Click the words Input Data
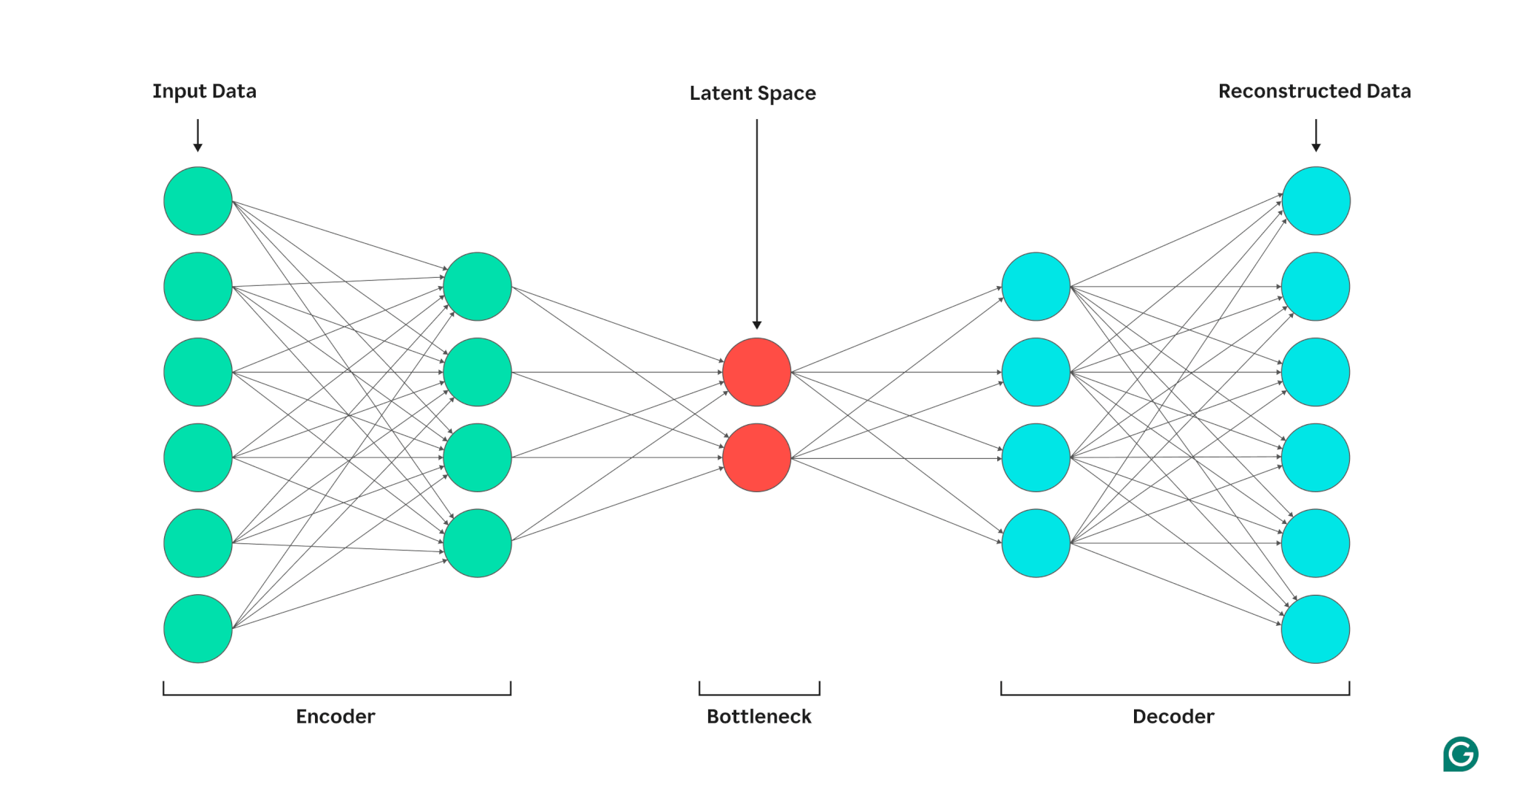tap(204, 91)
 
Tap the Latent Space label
tap(753, 93)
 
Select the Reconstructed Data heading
tap(1314, 91)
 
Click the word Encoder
tap(336, 716)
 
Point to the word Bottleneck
tap(759, 716)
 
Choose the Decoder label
tap(1173, 716)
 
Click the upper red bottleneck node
tap(756, 372)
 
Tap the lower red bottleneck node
tap(756, 457)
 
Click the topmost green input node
tap(198, 201)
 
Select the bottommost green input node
tap(198, 629)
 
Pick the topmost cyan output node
tap(1316, 201)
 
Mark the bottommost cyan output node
tap(1316, 629)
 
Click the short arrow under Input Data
tap(198, 135)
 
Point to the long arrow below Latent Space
tap(756, 222)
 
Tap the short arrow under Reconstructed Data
tap(1316, 135)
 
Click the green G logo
tap(1461, 754)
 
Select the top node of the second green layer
tap(478, 287)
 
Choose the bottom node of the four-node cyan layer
tap(1036, 543)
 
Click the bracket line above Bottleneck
tap(759, 694)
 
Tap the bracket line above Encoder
tap(337, 694)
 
